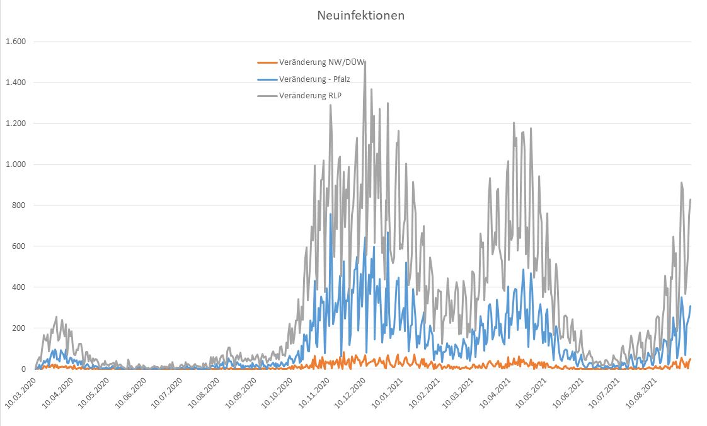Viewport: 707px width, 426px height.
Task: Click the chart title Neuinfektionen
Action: pyautogui.click(x=360, y=15)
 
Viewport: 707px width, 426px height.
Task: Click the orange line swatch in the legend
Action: pyautogui.click(x=267, y=62)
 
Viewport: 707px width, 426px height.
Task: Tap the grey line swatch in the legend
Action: pyautogui.click(x=267, y=95)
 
